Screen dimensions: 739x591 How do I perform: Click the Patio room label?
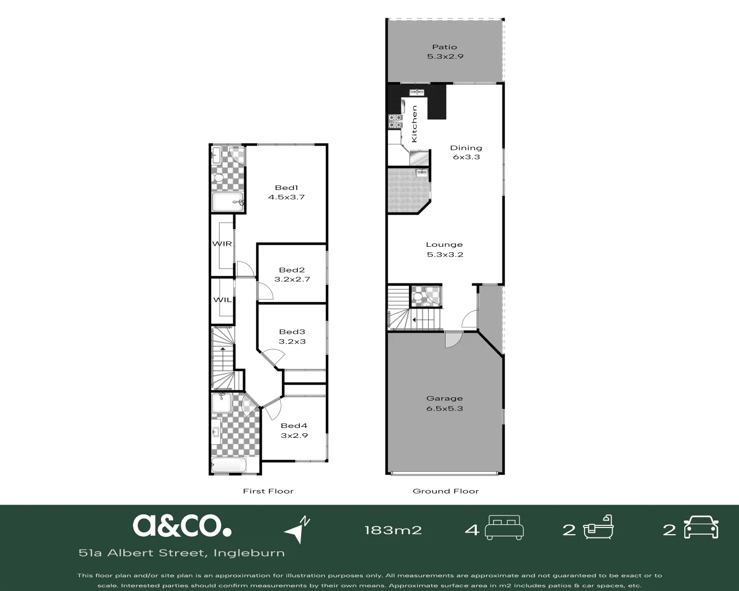[444, 47]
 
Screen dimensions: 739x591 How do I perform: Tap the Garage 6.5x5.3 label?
[444, 403]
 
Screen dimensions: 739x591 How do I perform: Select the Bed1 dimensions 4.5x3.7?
[286, 197]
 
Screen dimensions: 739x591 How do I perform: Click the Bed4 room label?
[294, 426]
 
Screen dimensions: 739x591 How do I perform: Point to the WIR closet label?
[222, 244]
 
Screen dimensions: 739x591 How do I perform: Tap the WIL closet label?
[222, 300]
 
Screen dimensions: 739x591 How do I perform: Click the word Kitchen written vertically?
[414, 124]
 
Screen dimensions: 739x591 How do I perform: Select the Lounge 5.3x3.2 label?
[444, 250]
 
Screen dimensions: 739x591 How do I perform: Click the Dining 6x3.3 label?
[466, 153]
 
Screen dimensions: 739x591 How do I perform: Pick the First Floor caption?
[268, 491]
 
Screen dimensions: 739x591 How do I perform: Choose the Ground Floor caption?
[446, 491]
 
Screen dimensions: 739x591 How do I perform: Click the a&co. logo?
[182, 525]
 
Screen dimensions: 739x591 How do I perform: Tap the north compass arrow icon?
[297, 530]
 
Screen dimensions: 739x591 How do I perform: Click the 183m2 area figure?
[393, 530]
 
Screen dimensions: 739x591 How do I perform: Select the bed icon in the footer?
[504, 528]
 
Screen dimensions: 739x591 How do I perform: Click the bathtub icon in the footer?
[598, 528]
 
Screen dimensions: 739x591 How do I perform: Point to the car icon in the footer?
[701, 528]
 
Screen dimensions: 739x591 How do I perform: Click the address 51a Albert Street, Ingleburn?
[182, 553]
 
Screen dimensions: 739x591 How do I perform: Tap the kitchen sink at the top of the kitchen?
[417, 92]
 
